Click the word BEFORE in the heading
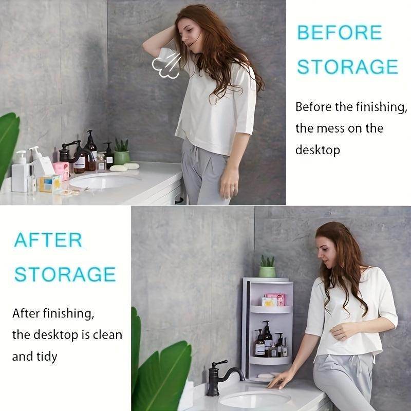[340, 32]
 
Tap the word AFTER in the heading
[48, 240]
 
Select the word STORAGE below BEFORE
[348, 67]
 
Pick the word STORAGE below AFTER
[65, 274]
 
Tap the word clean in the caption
[105, 335]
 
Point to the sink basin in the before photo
[105, 181]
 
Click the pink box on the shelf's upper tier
[274, 300]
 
